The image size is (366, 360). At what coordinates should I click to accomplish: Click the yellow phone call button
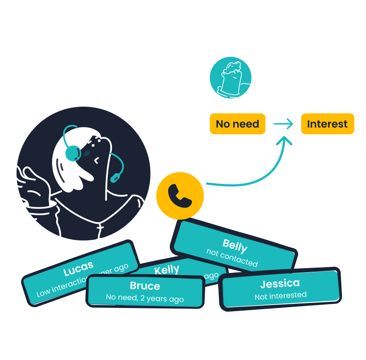[180, 196]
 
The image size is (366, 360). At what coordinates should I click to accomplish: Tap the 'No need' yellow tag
[237, 124]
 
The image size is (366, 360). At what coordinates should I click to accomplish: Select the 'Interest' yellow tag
[327, 124]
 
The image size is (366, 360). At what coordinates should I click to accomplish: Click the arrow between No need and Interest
[283, 124]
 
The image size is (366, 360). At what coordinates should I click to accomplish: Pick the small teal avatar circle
[230, 78]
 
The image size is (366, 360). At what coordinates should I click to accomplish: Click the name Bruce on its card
[145, 286]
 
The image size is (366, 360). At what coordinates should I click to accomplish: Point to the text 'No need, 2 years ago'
[145, 298]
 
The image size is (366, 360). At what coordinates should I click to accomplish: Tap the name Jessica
[280, 284]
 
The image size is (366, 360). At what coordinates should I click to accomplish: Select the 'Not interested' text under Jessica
[280, 295]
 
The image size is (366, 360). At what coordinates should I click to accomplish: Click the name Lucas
[78, 269]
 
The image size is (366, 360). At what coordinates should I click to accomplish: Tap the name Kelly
[167, 270]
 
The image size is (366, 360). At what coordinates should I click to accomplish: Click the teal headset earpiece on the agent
[73, 153]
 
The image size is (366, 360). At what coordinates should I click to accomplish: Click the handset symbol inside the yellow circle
[180, 196]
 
